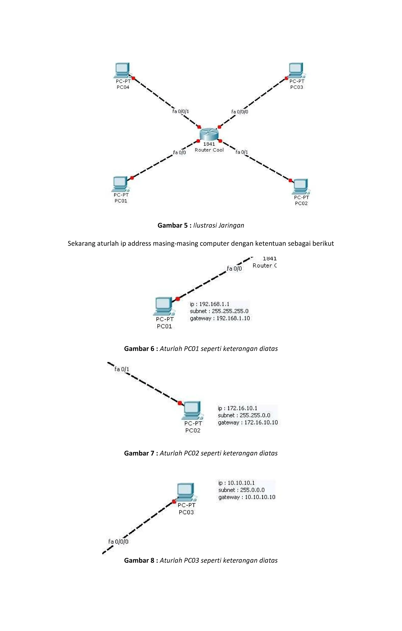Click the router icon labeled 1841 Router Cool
click(209, 134)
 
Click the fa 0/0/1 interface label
click(181, 111)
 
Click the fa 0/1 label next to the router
click(242, 152)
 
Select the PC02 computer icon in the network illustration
click(301, 186)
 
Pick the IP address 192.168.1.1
click(214, 304)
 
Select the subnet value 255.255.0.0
click(255, 415)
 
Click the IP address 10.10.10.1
click(241, 483)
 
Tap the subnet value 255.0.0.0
click(252, 490)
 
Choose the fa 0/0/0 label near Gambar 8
click(118, 542)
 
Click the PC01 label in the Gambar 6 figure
click(164, 326)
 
